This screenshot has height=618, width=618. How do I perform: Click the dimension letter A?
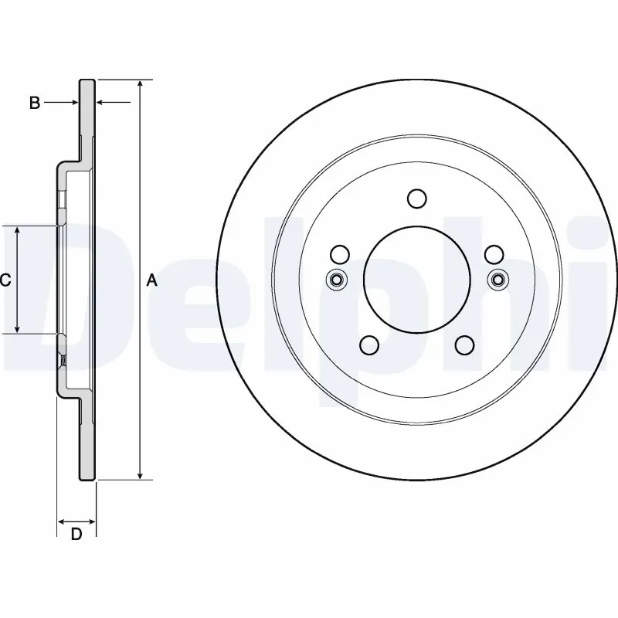[152, 280]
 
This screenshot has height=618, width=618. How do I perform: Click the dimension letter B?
[35, 103]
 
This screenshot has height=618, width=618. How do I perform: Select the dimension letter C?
[5, 280]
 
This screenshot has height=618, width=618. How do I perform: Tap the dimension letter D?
[76, 535]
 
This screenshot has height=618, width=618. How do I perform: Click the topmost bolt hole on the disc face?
[416, 199]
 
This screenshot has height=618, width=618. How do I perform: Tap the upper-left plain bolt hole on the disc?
[338, 254]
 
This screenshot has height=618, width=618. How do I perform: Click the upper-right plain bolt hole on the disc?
[494, 254]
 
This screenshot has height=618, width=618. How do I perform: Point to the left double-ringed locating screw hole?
[336, 280]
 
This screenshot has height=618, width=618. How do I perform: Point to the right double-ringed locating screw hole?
[497, 280]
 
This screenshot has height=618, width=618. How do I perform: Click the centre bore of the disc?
[416, 279]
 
